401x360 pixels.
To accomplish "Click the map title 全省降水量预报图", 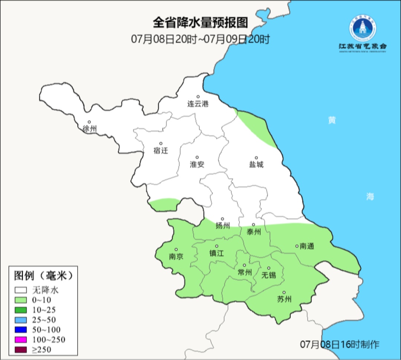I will tap(200, 23).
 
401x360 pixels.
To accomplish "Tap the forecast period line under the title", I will tap(200, 39).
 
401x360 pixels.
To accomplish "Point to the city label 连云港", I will tap(198, 104).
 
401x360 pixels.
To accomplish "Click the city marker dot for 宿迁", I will tap(161, 143).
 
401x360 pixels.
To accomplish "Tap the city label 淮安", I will tap(197, 165).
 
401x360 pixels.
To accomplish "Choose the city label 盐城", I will tap(256, 165).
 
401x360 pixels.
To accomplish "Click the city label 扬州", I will tap(223, 226).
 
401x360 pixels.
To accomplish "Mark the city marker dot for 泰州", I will tap(254, 225).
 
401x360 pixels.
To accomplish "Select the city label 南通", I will tap(307, 246).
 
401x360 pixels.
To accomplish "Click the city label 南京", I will tap(176, 257).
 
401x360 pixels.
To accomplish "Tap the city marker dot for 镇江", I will tap(217, 246).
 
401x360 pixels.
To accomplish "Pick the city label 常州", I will tap(245, 272).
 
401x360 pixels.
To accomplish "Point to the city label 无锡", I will tap(269, 275).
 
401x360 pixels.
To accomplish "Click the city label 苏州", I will tap(284, 299).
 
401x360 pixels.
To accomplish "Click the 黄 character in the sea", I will tap(332, 120).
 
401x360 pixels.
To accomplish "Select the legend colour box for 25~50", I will tap(21, 320).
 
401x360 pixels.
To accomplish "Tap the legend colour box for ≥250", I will tap(21, 350).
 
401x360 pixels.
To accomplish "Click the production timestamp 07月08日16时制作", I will tap(340, 344).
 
